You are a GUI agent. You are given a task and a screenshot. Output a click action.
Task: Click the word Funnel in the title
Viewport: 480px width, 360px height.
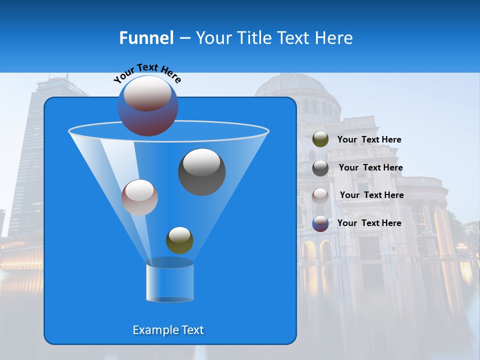[146, 38]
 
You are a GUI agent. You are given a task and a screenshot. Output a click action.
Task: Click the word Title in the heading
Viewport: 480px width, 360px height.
[253, 38]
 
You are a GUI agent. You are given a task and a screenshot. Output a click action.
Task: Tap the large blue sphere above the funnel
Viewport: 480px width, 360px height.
[147, 105]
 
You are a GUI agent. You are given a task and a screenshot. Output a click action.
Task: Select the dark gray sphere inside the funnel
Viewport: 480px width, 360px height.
[201, 172]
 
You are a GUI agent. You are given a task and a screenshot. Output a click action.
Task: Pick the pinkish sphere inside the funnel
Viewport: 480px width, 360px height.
[139, 197]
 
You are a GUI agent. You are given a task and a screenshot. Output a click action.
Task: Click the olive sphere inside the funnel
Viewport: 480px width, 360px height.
[179, 240]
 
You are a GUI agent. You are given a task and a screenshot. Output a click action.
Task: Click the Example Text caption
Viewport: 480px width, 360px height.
[168, 330]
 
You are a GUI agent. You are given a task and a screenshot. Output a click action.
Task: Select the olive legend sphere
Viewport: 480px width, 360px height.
[320, 139]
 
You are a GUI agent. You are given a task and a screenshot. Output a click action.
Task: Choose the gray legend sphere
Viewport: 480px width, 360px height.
[320, 168]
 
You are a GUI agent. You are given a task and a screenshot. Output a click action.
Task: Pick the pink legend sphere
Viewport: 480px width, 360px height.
[320, 195]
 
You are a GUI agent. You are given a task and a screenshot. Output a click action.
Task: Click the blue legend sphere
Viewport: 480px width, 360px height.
[320, 223]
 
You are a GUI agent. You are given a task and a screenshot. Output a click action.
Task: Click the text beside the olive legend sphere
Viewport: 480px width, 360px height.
[369, 140]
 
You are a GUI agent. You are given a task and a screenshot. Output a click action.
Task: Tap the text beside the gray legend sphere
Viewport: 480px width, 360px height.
[370, 168]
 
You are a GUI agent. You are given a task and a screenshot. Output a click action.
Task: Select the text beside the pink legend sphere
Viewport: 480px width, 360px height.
[371, 195]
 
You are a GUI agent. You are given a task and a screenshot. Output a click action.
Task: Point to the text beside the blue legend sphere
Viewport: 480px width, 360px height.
[369, 223]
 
